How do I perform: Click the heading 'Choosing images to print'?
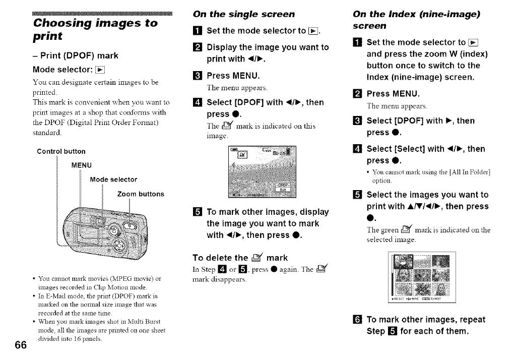pos(95,29)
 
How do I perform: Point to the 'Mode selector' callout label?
pos(113,179)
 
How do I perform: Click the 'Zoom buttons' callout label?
pos(141,194)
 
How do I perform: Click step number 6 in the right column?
pos(358,320)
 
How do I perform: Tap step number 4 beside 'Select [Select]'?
pos(358,149)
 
